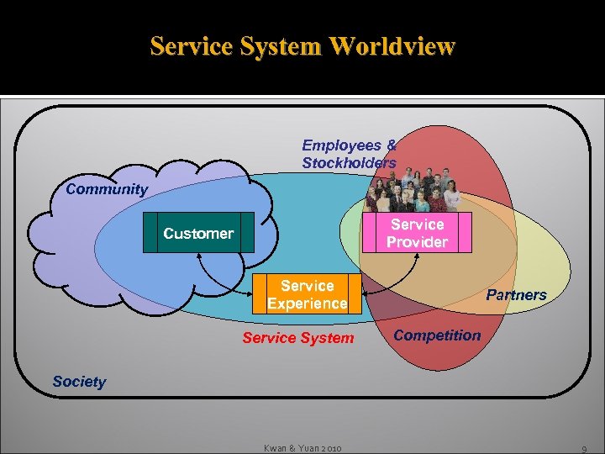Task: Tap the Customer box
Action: [x=198, y=233]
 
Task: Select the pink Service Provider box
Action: [x=417, y=233]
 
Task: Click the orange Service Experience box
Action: [x=308, y=294]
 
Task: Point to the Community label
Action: [x=107, y=189]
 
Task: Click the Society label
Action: [x=79, y=382]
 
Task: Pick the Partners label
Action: [x=516, y=295]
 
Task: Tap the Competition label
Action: [x=437, y=335]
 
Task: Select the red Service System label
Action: [x=298, y=338]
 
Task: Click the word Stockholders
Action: [x=349, y=162]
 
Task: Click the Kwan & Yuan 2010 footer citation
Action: [x=302, y=448]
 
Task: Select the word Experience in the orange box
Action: [x=308, y=304]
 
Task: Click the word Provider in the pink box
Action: [x=418, y=242]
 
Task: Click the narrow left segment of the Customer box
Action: [x=150, y=233]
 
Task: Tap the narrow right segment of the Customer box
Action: [x=247, y=233]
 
